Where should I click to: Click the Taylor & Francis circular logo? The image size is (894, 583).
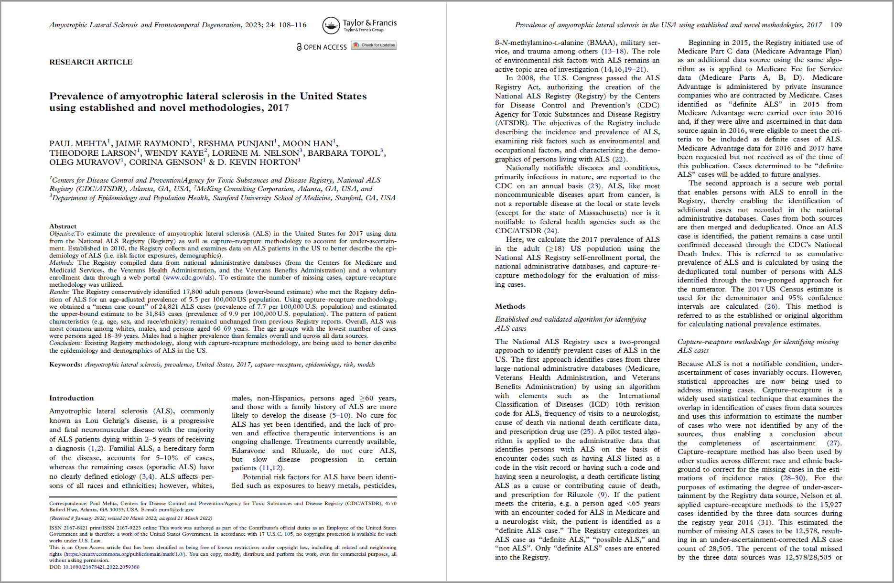(331, 25)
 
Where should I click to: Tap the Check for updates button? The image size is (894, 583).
(374, 45)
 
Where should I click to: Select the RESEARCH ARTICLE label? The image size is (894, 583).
(91, 62)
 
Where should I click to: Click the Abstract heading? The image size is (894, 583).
(63, 227)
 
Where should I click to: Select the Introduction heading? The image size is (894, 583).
(71, 398)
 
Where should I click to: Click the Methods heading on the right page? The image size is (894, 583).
(510, 306)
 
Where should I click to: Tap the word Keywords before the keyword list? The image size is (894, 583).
(65, 365)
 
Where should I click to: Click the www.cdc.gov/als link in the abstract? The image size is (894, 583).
(190, 278)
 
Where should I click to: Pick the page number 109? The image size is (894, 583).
(836, 25)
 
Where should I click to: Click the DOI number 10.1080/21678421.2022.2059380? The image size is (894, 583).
(101, 567)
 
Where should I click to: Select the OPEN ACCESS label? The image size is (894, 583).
(325, 47)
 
